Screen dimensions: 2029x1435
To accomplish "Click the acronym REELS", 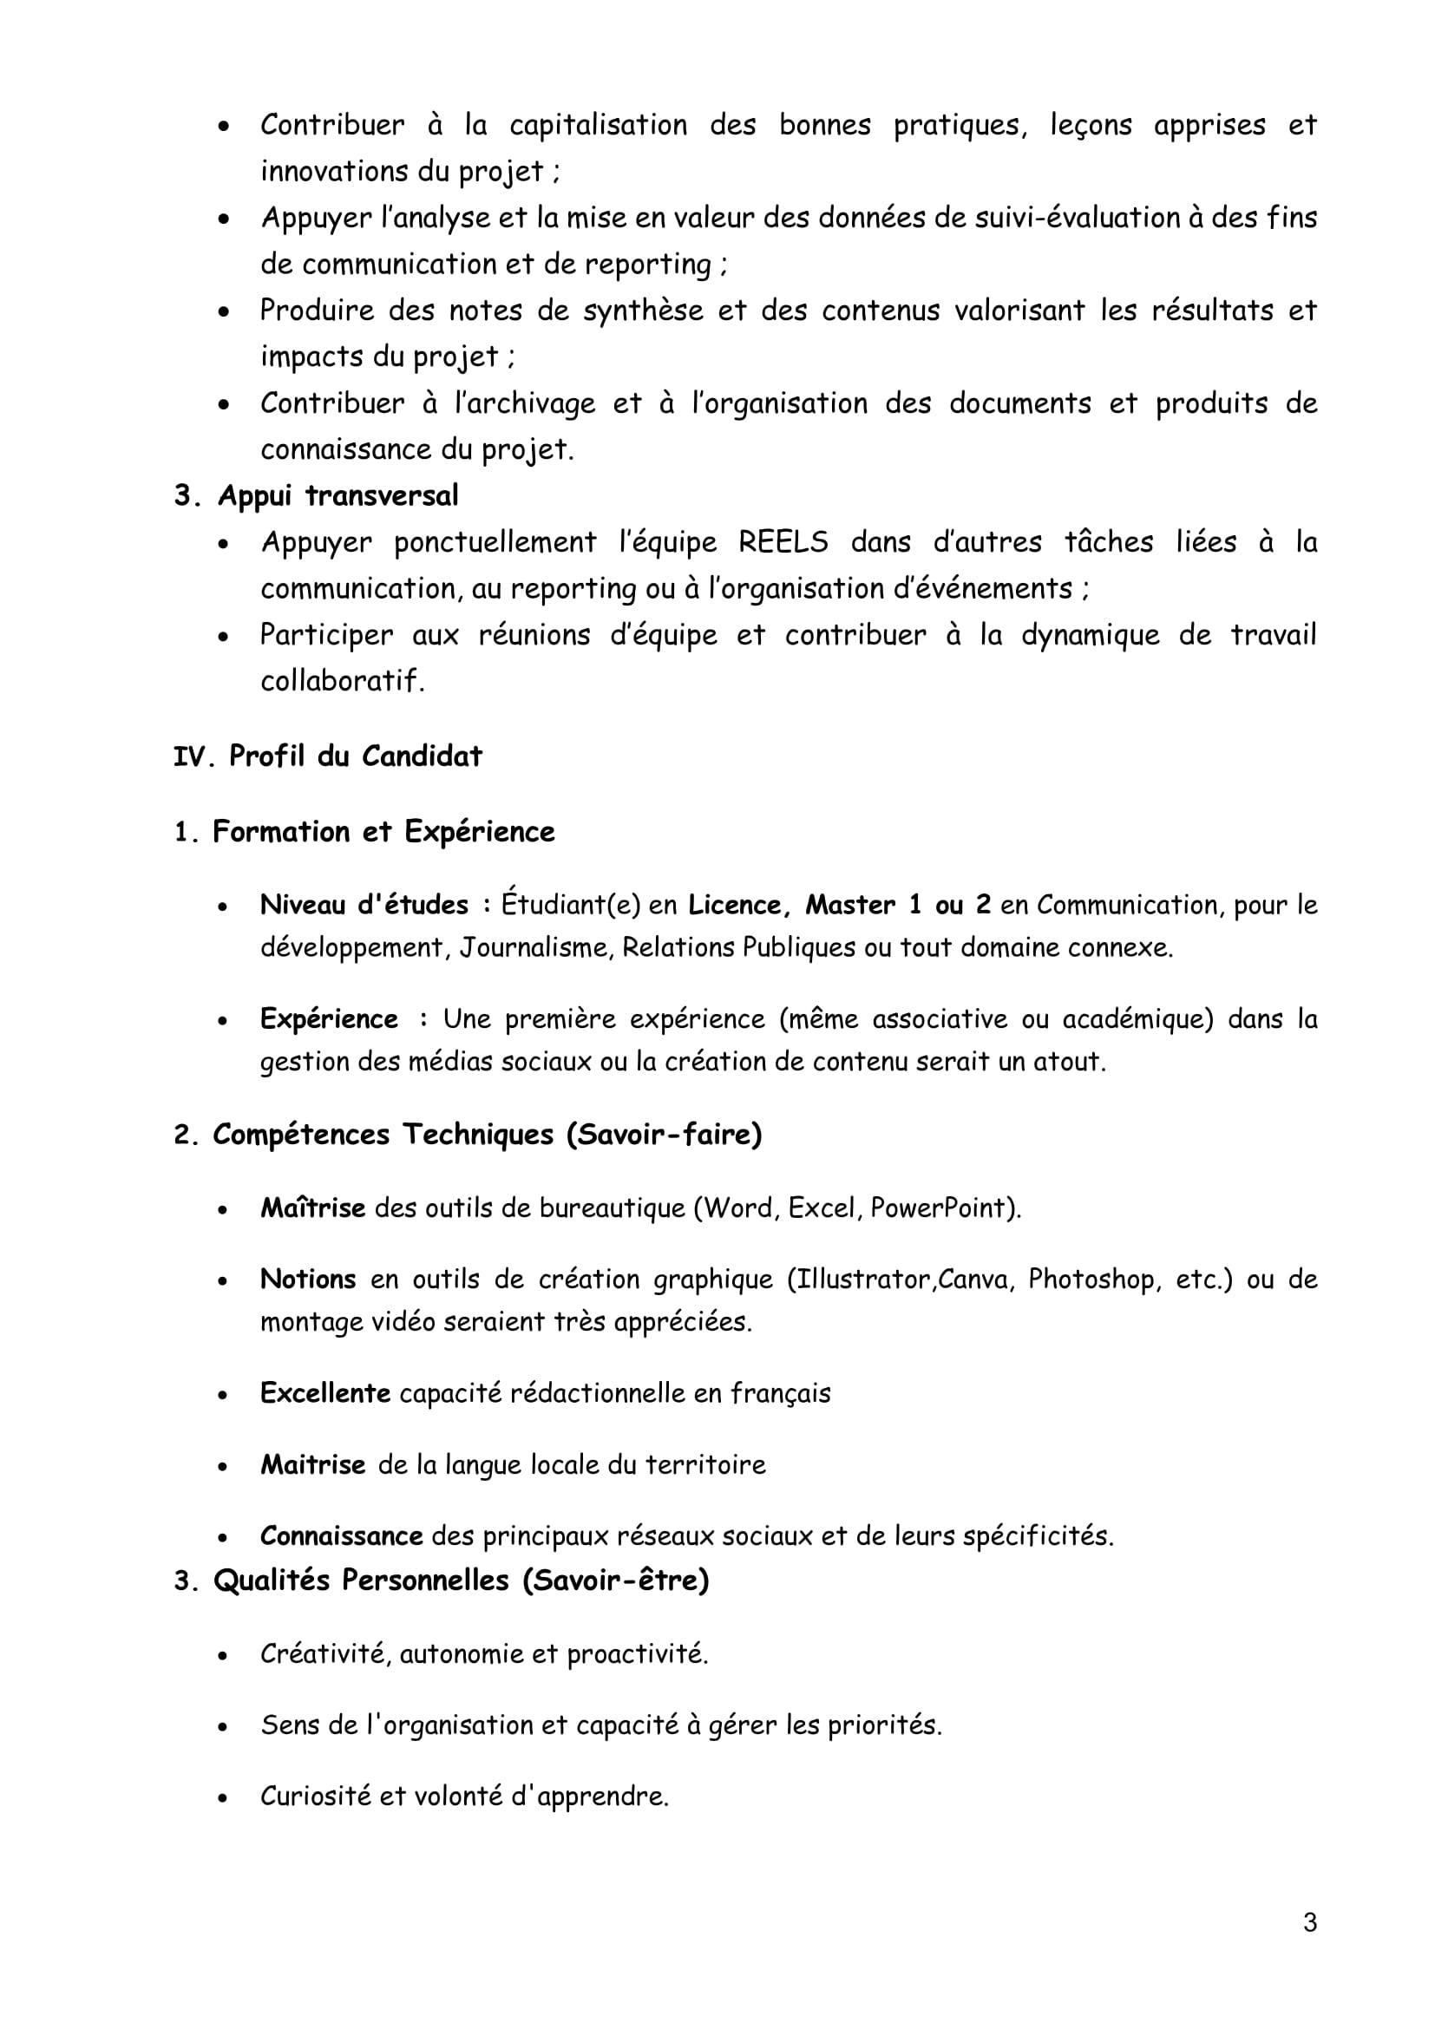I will click(x=783, y=541).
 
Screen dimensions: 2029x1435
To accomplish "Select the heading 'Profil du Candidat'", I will click(x=355, y=756).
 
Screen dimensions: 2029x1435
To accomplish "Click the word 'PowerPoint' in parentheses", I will click(x=940, y=1208).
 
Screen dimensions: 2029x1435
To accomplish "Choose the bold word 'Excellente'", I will click(x=324, y=1393).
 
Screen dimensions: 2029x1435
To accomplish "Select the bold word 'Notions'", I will click(x=307, y=1279).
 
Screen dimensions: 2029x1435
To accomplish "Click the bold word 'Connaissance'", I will click(x=341, y=1535).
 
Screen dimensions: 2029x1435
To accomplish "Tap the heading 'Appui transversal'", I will click(x=337, y=496).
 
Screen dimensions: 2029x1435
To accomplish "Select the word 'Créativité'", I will click(x=324, y=1653).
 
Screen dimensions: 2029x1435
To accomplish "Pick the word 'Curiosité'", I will click(x=315, y=1796).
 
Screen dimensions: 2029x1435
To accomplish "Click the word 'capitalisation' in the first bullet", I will click(x=599, y=125).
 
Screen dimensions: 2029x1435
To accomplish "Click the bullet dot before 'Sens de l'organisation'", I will click(x=224, y=1726).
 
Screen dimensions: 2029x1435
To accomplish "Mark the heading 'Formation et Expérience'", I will click(x=383, y=832).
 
